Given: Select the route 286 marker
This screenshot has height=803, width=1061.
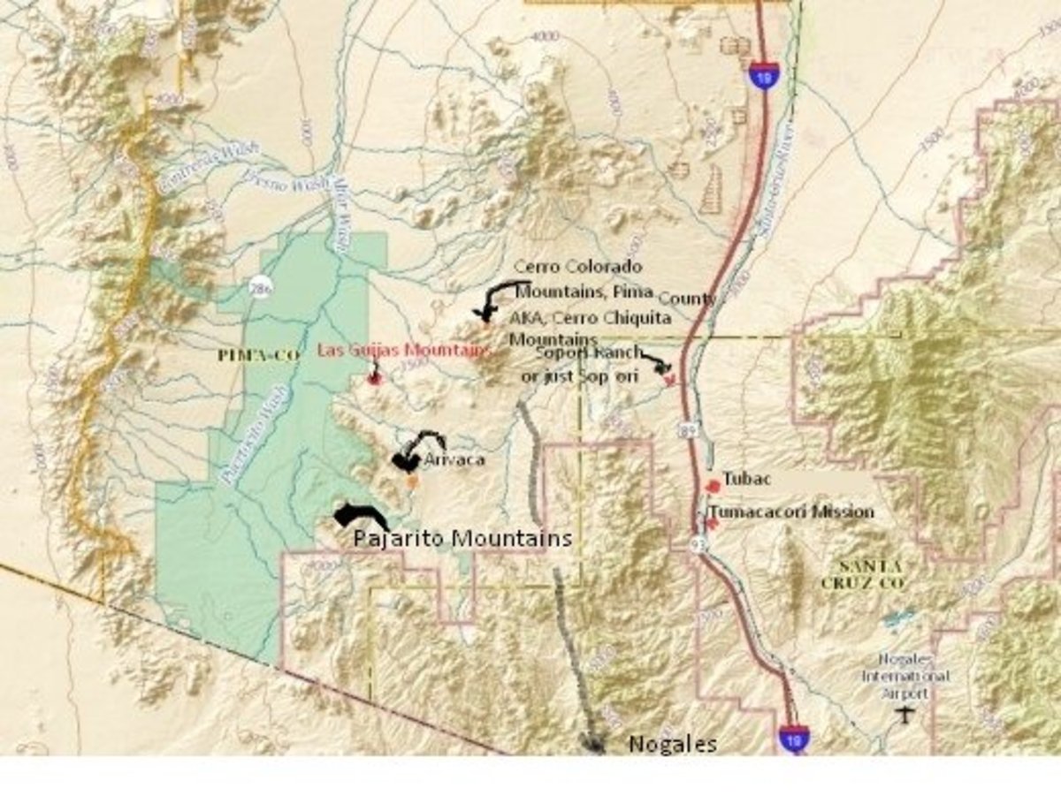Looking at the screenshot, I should [258, 289].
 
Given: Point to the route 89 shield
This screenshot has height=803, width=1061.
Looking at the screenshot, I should [688, 429].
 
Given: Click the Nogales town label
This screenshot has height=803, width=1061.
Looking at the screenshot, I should [672, 745].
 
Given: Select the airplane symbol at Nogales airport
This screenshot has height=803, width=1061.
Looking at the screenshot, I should [903, 714].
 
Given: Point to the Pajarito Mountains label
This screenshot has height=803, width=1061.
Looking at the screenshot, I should [462, 538].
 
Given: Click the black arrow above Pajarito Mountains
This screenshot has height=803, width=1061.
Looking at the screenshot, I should [358, 515].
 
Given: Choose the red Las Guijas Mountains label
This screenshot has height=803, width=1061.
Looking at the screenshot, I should [402, 351].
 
